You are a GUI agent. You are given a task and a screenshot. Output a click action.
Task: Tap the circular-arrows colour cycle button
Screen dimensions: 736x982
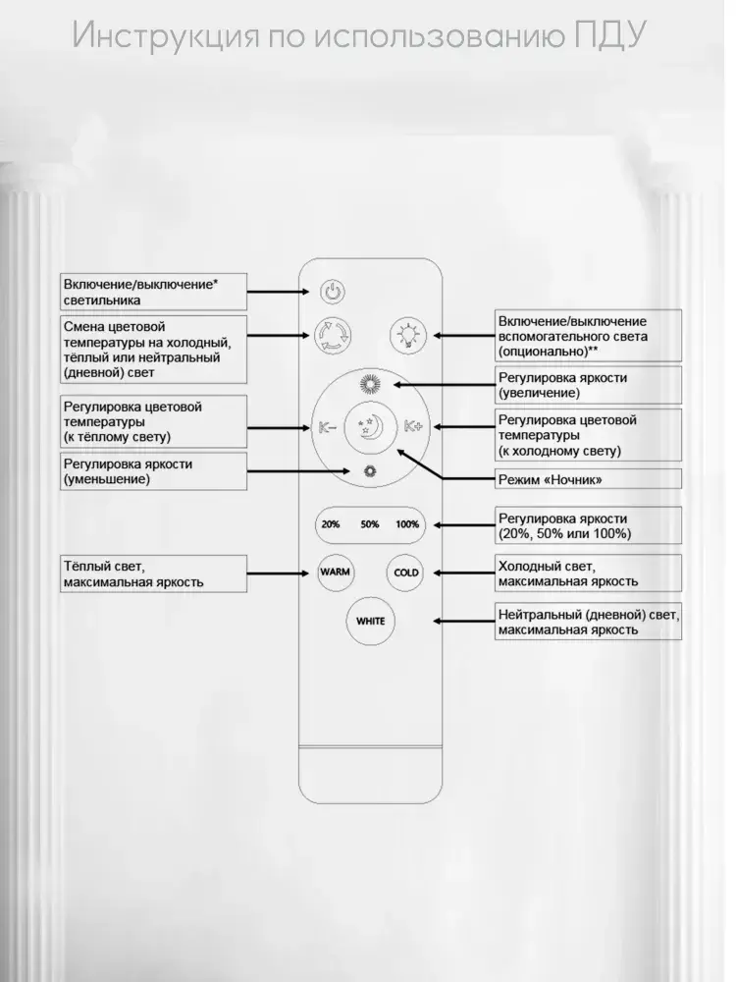pyautogui.click(x=331, y=337)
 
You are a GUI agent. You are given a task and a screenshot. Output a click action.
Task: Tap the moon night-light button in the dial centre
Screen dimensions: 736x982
pyautogui.click(x=369, y=427)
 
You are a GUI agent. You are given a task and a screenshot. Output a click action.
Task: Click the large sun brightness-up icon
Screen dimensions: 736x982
pyautogui.click(x=369, y=384)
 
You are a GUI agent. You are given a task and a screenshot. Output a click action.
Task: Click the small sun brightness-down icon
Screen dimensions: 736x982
pyautogui.click(x=369, y=470)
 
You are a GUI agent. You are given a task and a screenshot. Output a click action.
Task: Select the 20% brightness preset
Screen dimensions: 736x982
pyautogui.click(x=330, y=524)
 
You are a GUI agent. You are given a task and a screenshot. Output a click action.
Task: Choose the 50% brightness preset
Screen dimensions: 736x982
pyautogui.click(x=369, y=524)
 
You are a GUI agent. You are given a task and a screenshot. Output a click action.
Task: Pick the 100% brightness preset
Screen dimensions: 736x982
pyautogui.click(x=407, y=524)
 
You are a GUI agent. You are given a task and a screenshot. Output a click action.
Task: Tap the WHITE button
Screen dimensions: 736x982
pyautogui.click(x=370, y=621)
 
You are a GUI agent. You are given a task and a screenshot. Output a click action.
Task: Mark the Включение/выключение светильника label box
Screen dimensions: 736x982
pyautogui.click(x=152, y=292)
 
